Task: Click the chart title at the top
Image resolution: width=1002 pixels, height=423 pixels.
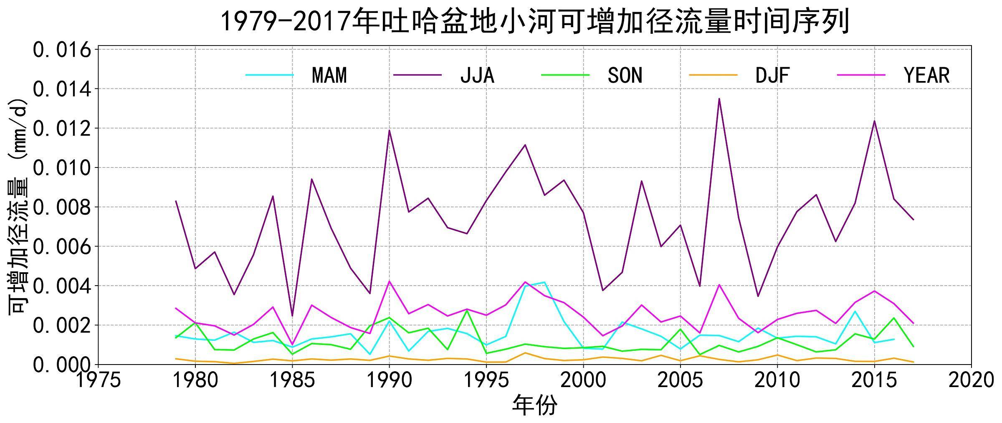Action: coord(535,22)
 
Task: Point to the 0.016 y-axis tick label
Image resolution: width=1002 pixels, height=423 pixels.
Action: coord(62,50)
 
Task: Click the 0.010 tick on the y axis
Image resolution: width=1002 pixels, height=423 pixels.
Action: coord(62,168)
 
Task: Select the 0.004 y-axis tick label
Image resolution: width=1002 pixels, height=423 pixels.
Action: coord(62,286)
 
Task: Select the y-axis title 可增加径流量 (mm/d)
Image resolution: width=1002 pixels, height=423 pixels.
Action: coord(18,207)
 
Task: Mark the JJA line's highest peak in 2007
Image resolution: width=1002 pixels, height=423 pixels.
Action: coord(719,99)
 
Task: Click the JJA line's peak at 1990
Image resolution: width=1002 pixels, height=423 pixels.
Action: coord(389,130)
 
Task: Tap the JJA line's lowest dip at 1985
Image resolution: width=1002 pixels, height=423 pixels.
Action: coord(292,316)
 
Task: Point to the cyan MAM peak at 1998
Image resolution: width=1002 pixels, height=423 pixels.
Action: coord(544,282)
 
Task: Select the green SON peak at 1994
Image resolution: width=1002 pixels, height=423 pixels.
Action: coord(467,311)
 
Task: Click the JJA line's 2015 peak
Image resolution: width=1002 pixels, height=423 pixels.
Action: coord(874,121)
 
